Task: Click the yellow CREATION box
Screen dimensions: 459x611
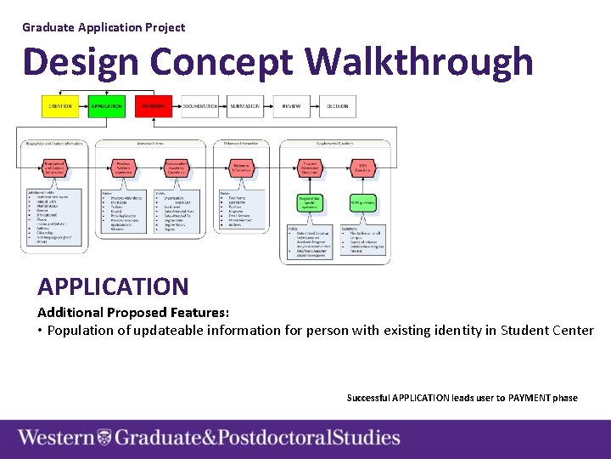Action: (59, 106)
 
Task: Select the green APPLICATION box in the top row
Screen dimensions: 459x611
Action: (106, 106)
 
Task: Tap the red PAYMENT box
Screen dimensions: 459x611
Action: (153, 106)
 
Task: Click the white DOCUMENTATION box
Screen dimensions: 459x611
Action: (200, 106)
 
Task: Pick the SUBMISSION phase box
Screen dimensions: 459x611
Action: (245, 106)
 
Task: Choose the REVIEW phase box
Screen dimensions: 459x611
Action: (291, 106)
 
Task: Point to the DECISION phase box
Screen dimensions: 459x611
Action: (337, 106)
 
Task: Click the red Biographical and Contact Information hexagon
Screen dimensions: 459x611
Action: (53, 169)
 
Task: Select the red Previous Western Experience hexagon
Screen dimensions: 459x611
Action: (124, 169)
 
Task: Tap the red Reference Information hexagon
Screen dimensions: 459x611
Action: (242, 169)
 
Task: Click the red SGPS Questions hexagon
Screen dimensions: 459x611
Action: (362, 169)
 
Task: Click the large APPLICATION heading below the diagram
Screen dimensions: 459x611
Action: (113, 286)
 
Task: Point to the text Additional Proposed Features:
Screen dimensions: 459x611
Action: (133, 312)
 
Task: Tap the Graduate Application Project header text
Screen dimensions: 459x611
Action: (104, 27)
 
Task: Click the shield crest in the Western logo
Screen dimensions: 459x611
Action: (104, 438)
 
